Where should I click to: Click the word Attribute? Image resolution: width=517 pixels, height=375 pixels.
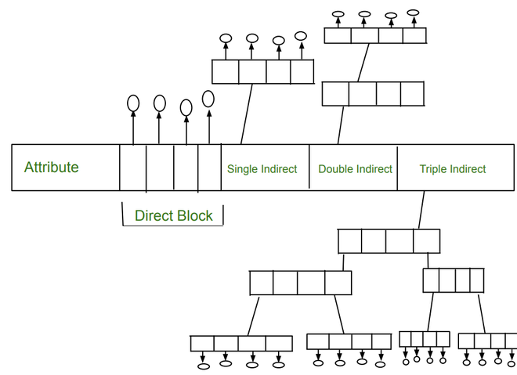click(51, 167)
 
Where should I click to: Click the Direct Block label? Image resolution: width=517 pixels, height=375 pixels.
click(173, 215)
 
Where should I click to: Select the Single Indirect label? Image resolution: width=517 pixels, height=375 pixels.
click(262, 169)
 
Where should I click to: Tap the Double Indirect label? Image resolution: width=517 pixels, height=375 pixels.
click(355, 169)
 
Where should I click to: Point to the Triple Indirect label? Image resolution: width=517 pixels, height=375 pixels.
click(452, 169)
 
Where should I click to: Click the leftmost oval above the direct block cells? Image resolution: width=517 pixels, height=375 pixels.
click(133, 103)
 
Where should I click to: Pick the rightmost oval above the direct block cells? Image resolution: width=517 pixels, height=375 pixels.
click(208, 99)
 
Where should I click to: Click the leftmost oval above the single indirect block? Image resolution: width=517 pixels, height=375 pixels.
click(226, 38)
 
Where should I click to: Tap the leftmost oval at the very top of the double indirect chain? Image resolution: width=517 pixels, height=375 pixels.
click(338, 14)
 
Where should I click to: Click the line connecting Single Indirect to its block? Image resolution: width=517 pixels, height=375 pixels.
click(246, 114)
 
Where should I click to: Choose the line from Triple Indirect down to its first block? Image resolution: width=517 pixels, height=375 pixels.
click(421, 210)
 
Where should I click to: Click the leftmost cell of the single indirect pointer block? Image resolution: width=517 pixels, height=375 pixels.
click(226, 72)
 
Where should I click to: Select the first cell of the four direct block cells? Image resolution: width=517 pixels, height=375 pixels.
click(133, 168)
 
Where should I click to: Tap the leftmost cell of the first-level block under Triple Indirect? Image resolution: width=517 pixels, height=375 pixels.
click(350, 240)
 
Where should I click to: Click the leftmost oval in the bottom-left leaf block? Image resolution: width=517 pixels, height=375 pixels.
click(203, 365)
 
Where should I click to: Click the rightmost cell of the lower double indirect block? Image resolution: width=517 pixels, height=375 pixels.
click(412, 94)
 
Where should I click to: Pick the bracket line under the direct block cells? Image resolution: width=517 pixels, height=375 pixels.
click(172, 225)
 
